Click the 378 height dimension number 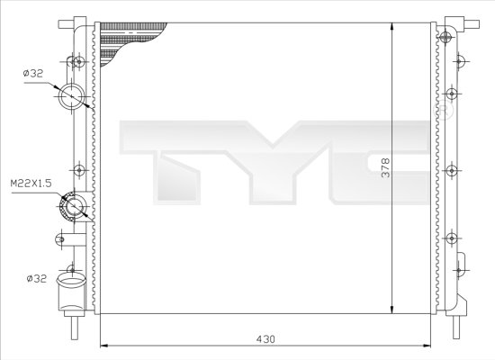click(385, 168)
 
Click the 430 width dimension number click(264, 338)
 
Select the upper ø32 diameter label click(32, 74)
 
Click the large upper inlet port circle click(70, 96)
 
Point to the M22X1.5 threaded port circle click(71, 209)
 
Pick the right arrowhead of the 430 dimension click(430, 346)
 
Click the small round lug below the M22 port click(60, 238)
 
